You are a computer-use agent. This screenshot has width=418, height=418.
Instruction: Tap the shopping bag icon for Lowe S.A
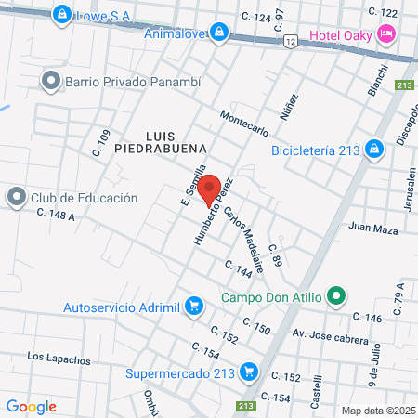pyautogui.click(x=62, y=14)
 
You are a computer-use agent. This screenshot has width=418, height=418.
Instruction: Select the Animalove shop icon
pyautogui.click(x=218, y=33)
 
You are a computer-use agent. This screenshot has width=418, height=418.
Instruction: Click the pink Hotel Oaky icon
pyautogui.click(x=386, y=35)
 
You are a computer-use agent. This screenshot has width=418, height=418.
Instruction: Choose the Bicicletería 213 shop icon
pyautogui.click(x=373, y=149)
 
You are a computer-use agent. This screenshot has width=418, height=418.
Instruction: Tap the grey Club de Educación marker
pyautogui.click(x=17, y=197)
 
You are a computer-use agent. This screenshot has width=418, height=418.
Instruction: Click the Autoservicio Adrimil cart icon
pyautogui.click(x=193, y=306)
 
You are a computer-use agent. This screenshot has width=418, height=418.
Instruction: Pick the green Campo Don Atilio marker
pyautogui.click(x=336, y=298)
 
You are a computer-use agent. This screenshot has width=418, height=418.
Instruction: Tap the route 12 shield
pyautogui.click(x=290, y=43)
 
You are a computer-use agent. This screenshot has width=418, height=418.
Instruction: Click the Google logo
pyautogui.click(x=32, y=406)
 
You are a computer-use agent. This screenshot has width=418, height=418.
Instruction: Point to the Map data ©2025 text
pyautogui.click(x=377, y=411)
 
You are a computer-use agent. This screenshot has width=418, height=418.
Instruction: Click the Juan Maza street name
pyautogui.click(x=373, y=229)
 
